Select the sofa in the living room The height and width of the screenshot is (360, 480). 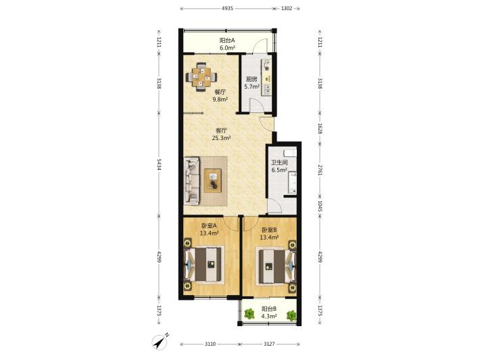[x=192, y=181]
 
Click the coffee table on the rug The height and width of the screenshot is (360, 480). [x=213, y=181]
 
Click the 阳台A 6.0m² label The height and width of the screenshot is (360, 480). [x=227, y=44]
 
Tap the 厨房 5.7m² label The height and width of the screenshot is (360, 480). [x=251, y=83]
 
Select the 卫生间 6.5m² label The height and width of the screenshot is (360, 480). [x=279, y=166]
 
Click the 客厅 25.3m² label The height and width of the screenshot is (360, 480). [x=221, y=134]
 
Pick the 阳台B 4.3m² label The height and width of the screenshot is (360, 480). [x=269, y=313]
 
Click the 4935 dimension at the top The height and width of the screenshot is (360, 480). [x=227, y=9]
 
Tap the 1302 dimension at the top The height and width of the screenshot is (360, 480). [x=287, y=9]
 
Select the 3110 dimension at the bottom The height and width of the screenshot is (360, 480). [x=210, y=344]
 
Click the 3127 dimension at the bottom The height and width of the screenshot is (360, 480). [x=269, y=344]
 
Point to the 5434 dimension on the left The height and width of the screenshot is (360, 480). [x=159, y=164]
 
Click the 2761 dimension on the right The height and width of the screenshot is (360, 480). [x=320, y=170]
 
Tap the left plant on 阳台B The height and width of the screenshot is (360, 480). [x=249, y=314]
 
